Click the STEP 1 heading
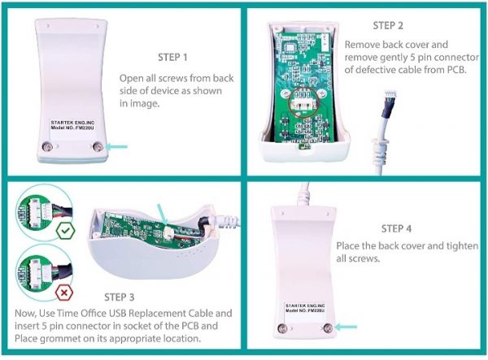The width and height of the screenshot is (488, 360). [172, 57]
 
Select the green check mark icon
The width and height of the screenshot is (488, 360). [66, 232]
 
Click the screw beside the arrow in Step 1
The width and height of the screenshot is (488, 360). [98, 146]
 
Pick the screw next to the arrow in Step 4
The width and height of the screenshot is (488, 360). [328, 327]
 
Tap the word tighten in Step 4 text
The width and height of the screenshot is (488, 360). [451, 246]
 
